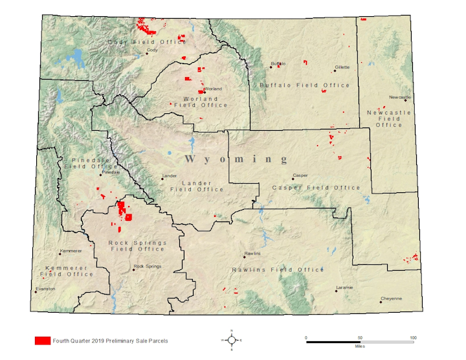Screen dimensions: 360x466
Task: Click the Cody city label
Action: coord(153,50)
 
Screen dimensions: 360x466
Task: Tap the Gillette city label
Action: coord(342,67)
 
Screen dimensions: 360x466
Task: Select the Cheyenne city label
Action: coord(391,298)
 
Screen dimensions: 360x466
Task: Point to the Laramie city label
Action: coord(344,287)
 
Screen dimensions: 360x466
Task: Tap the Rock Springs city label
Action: coord(147,266)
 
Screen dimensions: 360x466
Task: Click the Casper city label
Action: coord(300,175)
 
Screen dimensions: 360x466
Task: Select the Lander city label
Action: coord(169,175)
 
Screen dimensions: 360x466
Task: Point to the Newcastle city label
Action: coord(400,97)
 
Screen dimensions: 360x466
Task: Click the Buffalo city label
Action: coord(278,63)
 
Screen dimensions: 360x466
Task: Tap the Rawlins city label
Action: coord(252,253)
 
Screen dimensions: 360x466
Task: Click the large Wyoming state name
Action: coord(236,159)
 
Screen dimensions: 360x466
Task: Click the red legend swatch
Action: coord(43,340)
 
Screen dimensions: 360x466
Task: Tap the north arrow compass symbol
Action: coord(232,339)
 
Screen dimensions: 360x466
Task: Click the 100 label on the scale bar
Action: coord(412,337)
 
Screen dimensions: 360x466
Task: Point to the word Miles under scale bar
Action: coord(359,346)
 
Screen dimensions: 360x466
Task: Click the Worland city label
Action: coord(213,89)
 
